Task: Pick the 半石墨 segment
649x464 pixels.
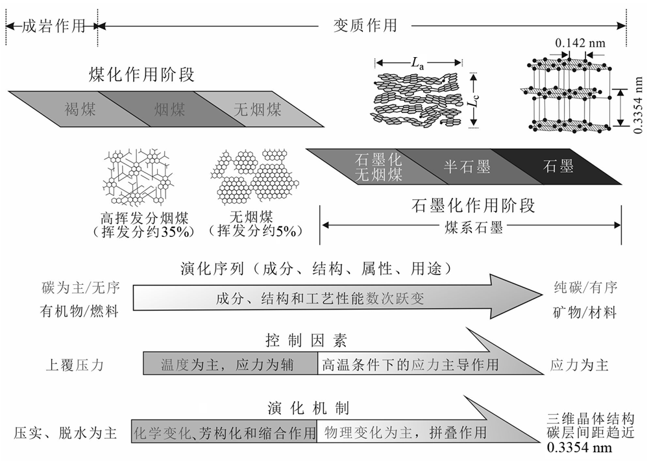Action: [466, 166]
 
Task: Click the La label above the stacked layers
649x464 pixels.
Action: [420, 63]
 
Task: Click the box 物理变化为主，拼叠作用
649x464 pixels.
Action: [406, 432]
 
